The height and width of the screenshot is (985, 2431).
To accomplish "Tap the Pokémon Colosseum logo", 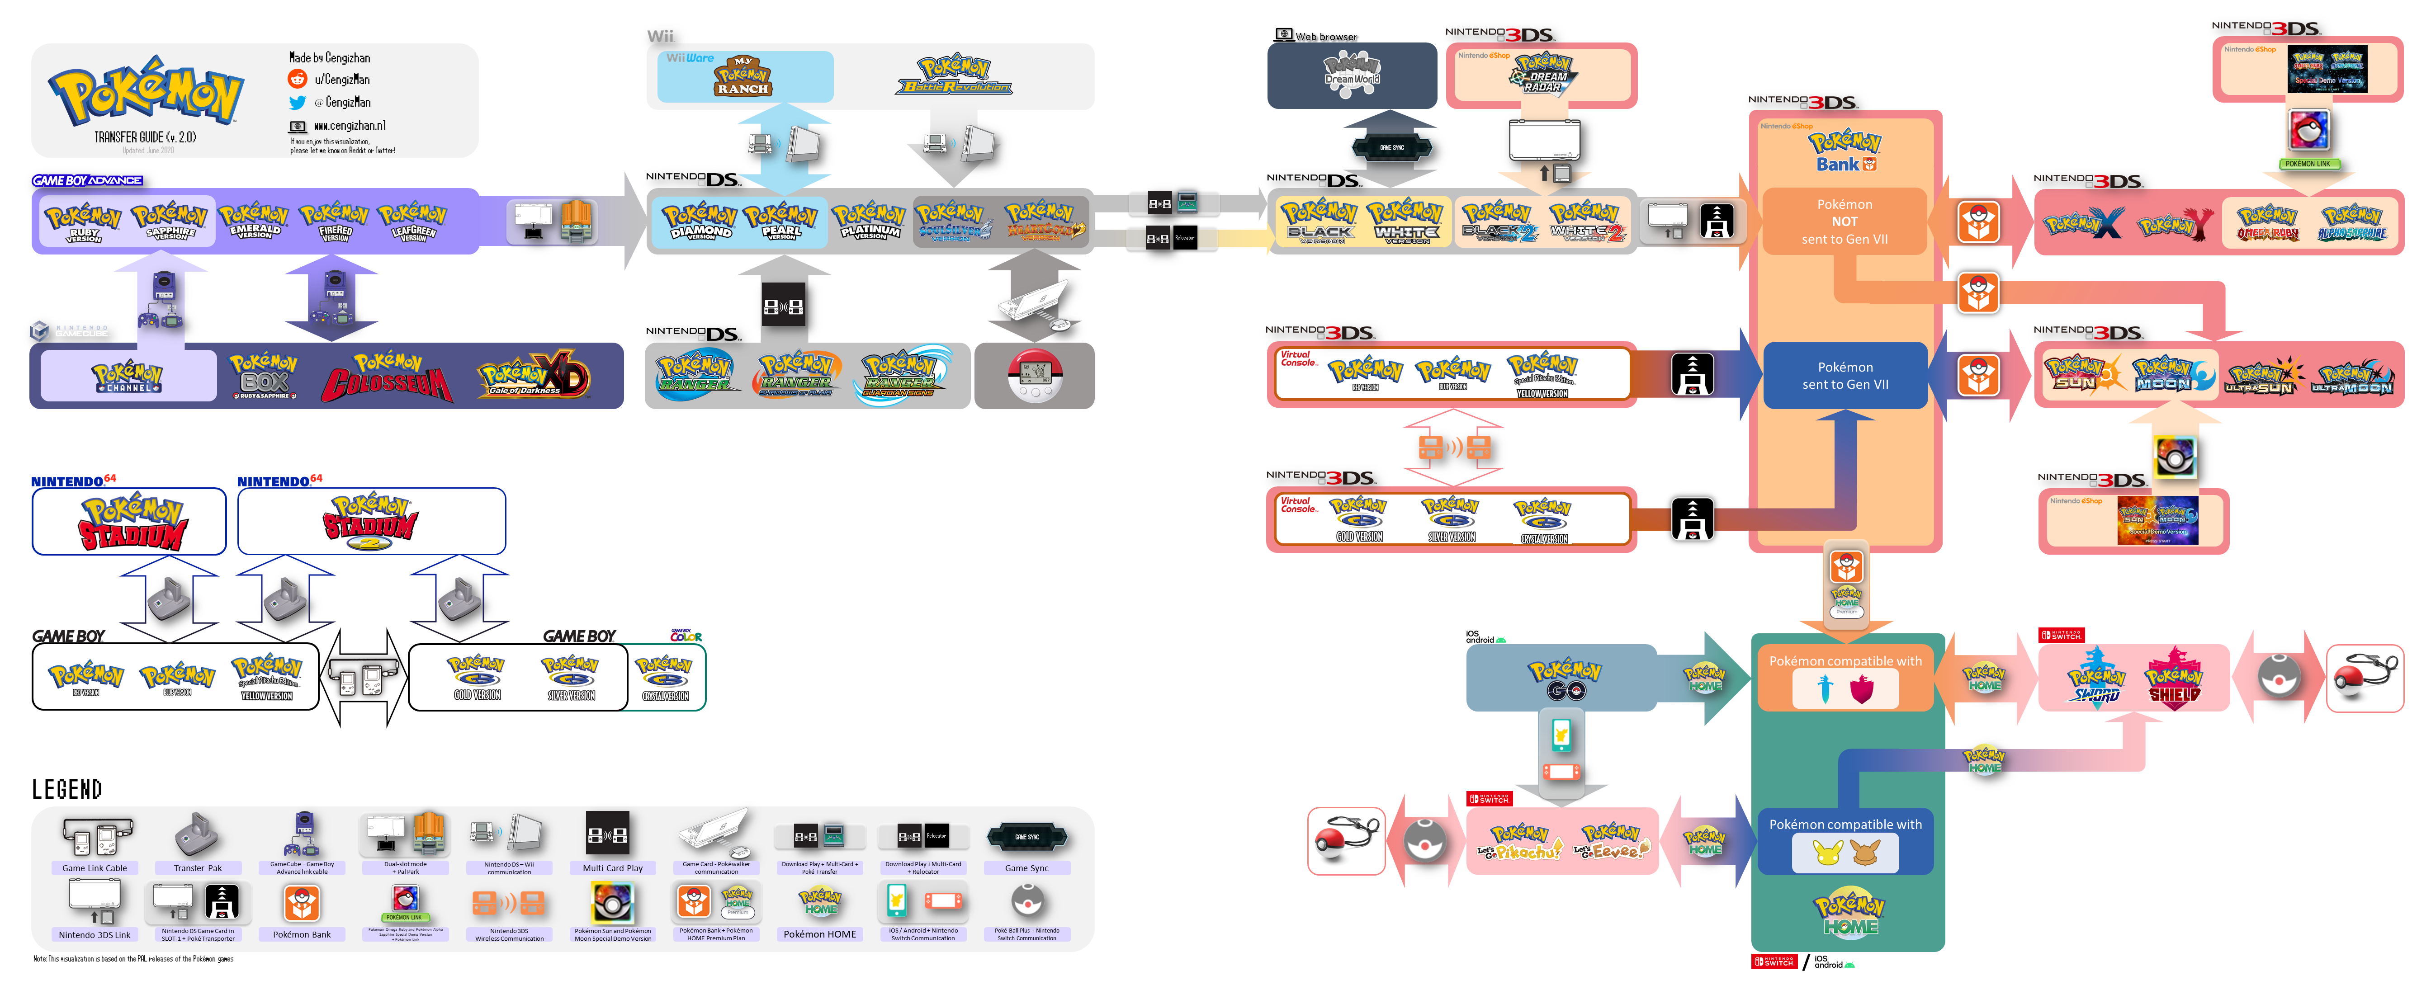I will point(387,377).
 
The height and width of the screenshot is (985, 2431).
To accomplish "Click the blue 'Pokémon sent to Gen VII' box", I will point(1845,376).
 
